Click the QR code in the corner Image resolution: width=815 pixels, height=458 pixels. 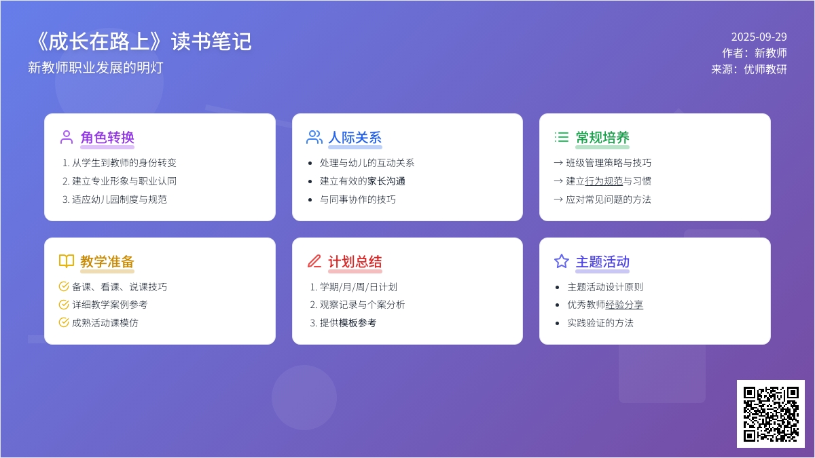pyautogui.click(x=771, y=414)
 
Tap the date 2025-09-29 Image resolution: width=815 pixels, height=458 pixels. pyautogui.click(x=759, y=37)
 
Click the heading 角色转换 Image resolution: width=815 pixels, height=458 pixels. pyautogui.click(x=107, y=137)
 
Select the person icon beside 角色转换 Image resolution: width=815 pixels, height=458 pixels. pyautogui.click(x=67, y=137)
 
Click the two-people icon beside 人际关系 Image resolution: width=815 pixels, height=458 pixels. pyautogui.click(x=314, y=137)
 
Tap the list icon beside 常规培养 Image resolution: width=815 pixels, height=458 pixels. pyautogui.click(x=562, y=137)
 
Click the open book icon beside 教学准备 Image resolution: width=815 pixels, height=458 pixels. pyautogui.click(x=67, y=261)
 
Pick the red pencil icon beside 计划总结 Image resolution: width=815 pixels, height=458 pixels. pyautogui.click(x=314, y=261)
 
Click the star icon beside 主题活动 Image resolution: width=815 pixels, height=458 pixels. pyautogui.click(x=562, y=261)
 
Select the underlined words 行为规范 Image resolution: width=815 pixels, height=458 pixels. pyautogui.click(x=604, y=181)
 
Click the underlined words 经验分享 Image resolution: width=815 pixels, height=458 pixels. pyautogui.click(x=624, y=305)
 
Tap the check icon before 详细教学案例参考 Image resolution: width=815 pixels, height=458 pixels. pyautogui.click(x=64, y=305)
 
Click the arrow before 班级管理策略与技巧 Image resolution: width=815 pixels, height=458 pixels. pyautogui.click(x=558, y=162)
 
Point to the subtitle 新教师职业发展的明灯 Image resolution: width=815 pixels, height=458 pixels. pyautogui.click(x=96, y=68)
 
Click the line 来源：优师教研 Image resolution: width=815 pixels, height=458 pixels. pyautogui.click(x=748, y=69)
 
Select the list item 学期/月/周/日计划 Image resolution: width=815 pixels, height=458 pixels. pyautogui.click(x=358, y=287)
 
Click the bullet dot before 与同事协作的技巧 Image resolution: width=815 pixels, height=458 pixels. pyautogui.click(x=310, y=199)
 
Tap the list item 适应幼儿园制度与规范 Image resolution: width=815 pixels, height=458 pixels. pyautogui.click(x=120, y=199)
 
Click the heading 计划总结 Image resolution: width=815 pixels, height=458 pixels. pyautogui.click(x=355, y=262)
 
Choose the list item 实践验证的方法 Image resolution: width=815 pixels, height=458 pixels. pyautogui.click(x=600, y=323)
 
